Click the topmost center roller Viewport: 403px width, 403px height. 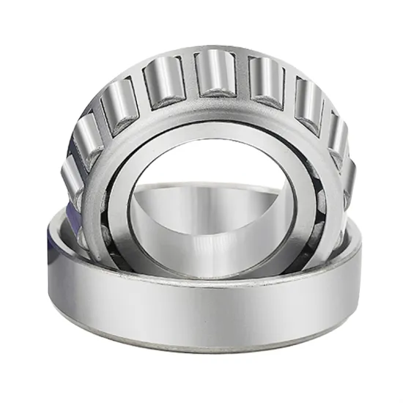click(x=213, y=73)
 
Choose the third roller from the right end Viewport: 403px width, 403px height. click(x=307, y=98)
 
